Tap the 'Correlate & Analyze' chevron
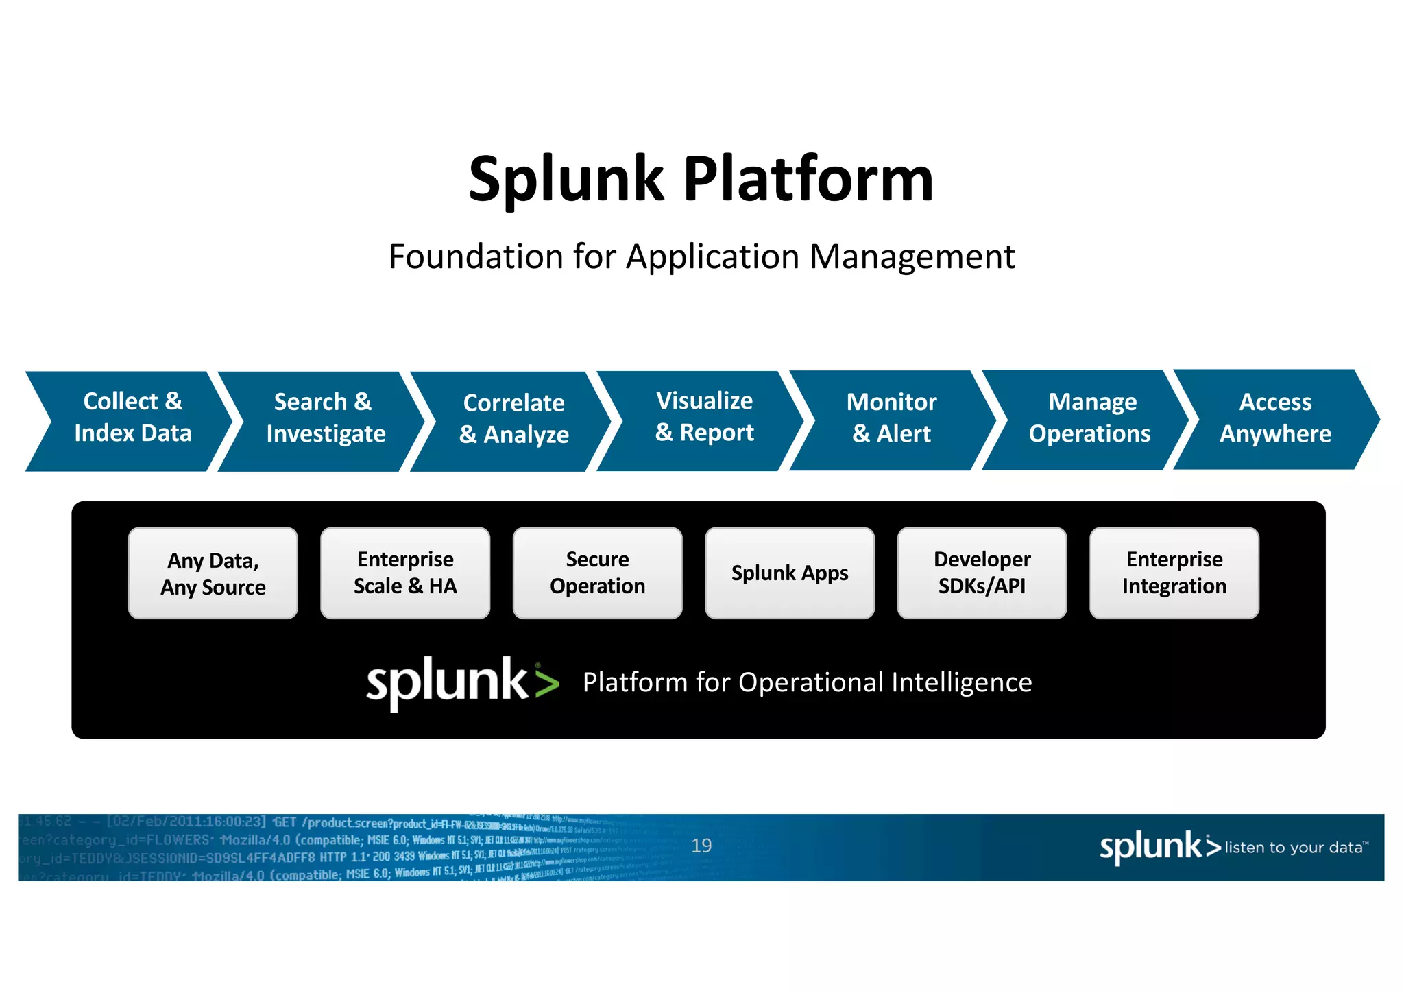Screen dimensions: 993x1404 coord(514,419)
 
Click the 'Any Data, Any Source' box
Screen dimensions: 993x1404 coord(213,573)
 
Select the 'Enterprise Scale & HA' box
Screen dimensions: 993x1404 coord(405,573)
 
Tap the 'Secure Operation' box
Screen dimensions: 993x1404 coord(597,573)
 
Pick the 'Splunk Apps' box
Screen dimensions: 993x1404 coord(790,573)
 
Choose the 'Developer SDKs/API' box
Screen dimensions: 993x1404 coord(982,573)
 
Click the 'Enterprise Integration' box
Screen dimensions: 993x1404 coord(1174,573)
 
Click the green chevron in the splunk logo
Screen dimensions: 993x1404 coord(547,684)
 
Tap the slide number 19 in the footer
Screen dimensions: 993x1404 coord(701,846)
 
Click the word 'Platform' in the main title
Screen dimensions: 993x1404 coord(808,180)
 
